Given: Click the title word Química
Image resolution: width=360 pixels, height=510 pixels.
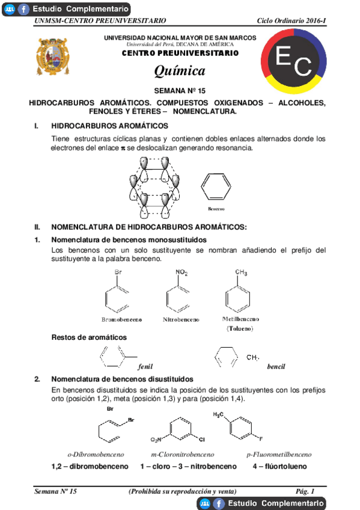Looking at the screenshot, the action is [180, 71].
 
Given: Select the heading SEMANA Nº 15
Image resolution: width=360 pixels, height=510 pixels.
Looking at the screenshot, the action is [180, 91].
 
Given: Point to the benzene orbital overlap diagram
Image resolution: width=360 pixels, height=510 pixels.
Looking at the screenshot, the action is [153, 186].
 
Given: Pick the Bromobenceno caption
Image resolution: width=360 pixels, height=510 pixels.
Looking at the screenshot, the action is [121, 320].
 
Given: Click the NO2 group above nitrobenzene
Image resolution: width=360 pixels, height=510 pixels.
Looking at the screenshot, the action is [182, 273].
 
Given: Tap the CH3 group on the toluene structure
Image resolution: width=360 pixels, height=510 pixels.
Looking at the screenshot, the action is [241, 272].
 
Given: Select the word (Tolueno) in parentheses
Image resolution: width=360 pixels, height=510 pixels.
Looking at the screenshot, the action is [240, 328].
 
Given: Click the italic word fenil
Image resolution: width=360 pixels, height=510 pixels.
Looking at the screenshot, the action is [145, 366].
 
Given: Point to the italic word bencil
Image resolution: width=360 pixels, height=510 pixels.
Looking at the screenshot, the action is [276, 366].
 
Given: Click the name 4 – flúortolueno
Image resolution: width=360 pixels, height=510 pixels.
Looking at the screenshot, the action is [279, 466].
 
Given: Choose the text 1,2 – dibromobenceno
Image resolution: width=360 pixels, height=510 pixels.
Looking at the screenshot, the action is [90, 466].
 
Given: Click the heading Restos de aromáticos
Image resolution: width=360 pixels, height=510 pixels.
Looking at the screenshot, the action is [89, 337].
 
